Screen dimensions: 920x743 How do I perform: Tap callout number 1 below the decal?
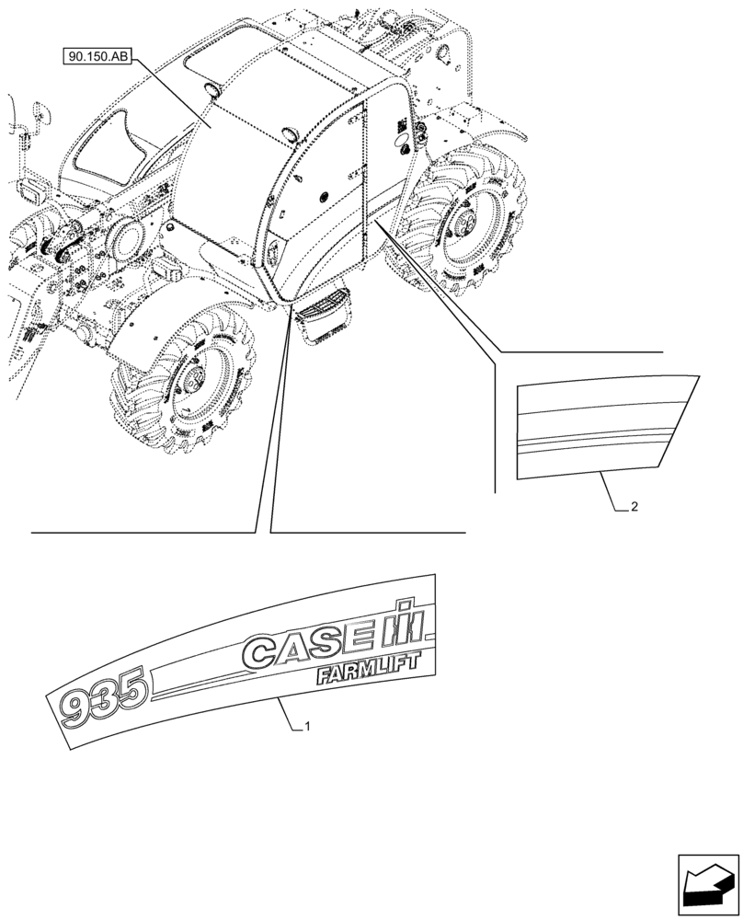[x=307, y=727]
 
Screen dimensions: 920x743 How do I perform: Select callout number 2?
[x=635, y=506]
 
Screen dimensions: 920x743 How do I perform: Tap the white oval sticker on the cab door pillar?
[x=401, y=144]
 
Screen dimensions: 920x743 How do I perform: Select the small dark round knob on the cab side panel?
[x=324, y=194]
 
